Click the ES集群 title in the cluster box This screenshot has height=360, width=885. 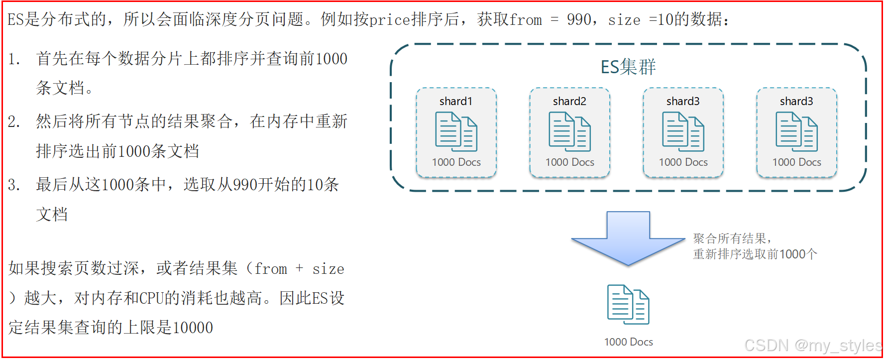coord(628,67)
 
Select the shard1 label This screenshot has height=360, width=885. coord(455,101)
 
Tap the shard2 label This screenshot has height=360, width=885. coord(569,101)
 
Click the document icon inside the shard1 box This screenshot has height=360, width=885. coord(456,131)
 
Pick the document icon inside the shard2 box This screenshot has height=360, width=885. coord(569,131)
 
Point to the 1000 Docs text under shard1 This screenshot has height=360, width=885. coord(456,162)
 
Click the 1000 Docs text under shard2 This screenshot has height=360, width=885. coord(569,162)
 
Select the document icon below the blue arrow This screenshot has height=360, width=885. coord(628,304)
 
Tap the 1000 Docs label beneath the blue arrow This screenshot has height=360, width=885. coord(628,342)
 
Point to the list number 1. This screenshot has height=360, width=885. coord(13,59)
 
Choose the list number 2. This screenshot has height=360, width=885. coord(13,122)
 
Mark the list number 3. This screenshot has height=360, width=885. coord(13,185)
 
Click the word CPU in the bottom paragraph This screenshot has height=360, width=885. coord(151,298)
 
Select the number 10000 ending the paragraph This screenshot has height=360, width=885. coord(193,328)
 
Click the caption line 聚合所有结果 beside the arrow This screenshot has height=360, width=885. coord(732,239)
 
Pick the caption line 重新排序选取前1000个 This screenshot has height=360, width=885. coord(755,254)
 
